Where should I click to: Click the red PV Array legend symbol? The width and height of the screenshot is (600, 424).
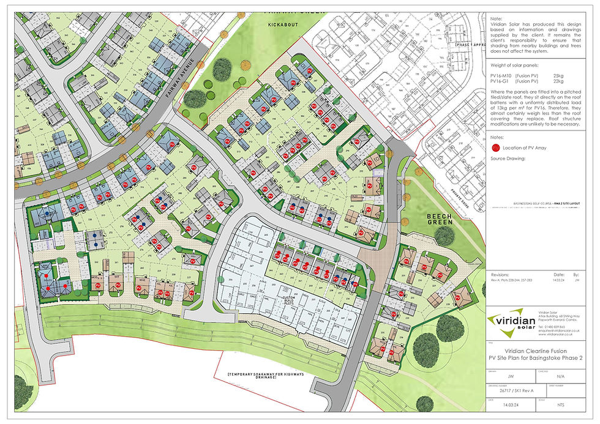(495, 147)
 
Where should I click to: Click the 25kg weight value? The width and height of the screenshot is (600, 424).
(558, 75)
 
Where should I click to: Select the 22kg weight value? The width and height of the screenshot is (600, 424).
(558, 81)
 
